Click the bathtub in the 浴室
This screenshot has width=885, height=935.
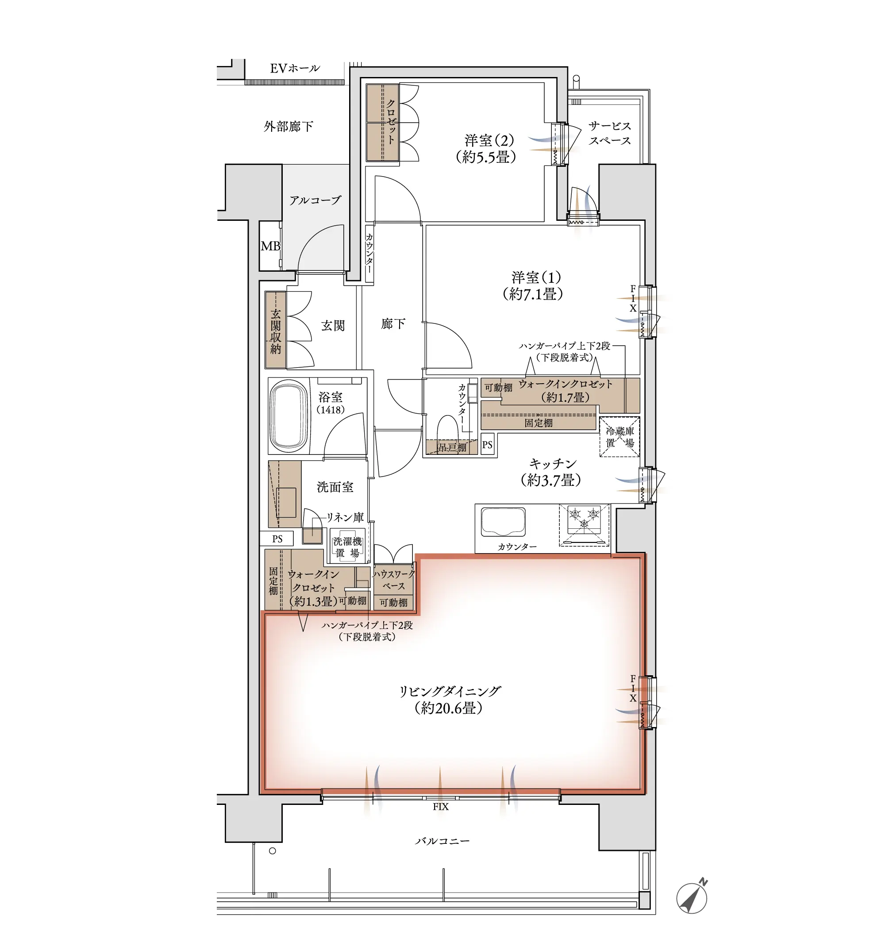(x=289, y=415)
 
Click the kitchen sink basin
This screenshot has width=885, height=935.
(x=503, y=522)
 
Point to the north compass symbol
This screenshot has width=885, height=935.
(x=692, y=897)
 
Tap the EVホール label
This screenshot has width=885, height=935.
(x=295, y=69)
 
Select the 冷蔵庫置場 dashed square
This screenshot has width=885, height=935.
(x=619, y=437)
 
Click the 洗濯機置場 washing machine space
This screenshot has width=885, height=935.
(x=347, y=547)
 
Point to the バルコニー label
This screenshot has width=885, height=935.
(x=442, y=841)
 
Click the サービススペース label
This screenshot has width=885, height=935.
(x=609, y=133)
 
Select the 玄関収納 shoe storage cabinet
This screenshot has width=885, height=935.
(x=276, y=330)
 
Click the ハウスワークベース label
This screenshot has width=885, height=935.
(x=393, y=580)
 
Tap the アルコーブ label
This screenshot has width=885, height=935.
(x=315, y=200)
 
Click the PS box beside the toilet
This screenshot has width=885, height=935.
(x=488, y=444)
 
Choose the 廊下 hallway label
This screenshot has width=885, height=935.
(x=393, y=323)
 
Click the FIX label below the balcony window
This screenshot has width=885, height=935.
(x=441, y=807)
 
